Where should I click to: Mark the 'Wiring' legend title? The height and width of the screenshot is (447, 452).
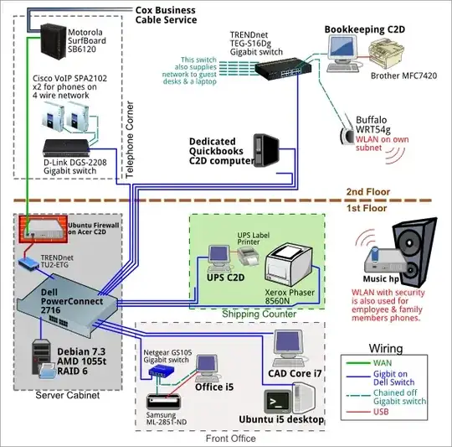(x=385, y=349)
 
